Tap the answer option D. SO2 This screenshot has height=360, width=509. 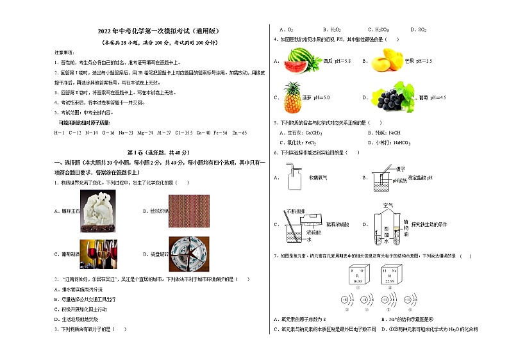pos(421,29)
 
